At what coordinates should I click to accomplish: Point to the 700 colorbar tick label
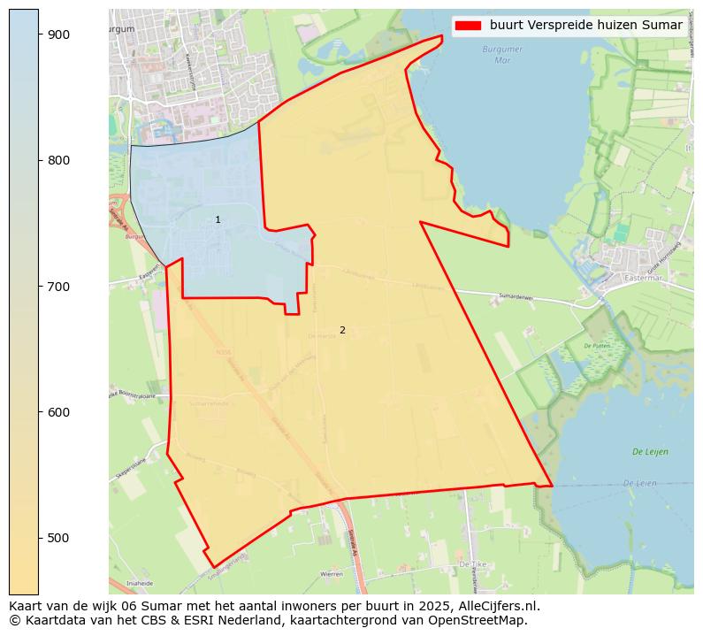click(x=57, y=287)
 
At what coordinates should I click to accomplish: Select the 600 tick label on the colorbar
click(x=57, y=412)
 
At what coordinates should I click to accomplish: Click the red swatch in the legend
click(x=468, y=26)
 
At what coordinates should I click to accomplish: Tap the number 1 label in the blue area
click(x=218, y=219)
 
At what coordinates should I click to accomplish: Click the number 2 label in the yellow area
click(x=342, y=330)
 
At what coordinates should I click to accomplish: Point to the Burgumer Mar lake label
click(x=497, y=55)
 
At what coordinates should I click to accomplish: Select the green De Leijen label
click(x=650, y=452)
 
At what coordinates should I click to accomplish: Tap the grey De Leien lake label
click(x=638, y=483)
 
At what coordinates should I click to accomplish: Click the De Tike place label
click(x=473, y=563)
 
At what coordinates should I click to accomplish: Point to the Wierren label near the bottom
click(x=332, y=574)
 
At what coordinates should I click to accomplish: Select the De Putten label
click(x=598, y=345)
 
